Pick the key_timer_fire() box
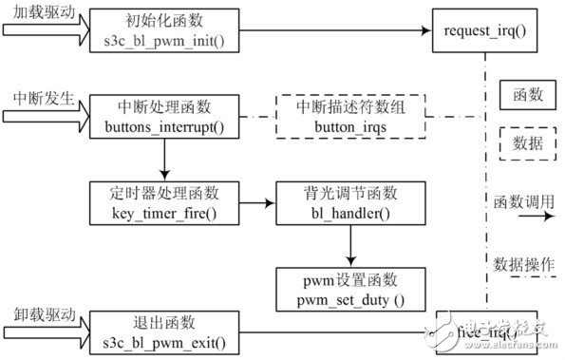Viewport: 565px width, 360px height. (x=164, y=202)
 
